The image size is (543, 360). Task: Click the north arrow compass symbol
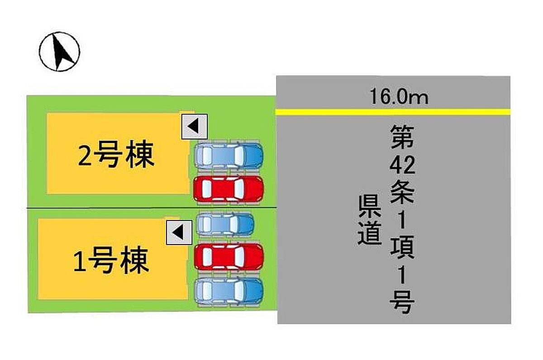[x=59, y=51]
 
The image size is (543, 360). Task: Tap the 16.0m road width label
[x=399, y=97]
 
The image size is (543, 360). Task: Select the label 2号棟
[x=116, y=155]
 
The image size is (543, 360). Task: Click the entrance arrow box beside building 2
[x=194, y=126]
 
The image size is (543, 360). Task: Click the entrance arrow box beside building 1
[x=179, y=233]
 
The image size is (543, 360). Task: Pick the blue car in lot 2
[x=229, y=156]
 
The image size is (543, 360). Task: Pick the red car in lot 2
[x=229, y=189]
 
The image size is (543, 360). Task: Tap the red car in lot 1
[x=229, y=257]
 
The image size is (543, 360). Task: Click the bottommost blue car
[x=229, y=290]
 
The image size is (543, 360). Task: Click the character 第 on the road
[x=402, y=137]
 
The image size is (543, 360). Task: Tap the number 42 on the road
[x=402, y=166]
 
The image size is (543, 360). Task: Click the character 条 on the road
[x=402, y=194]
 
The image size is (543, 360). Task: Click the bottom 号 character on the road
[x=402, y=302]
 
